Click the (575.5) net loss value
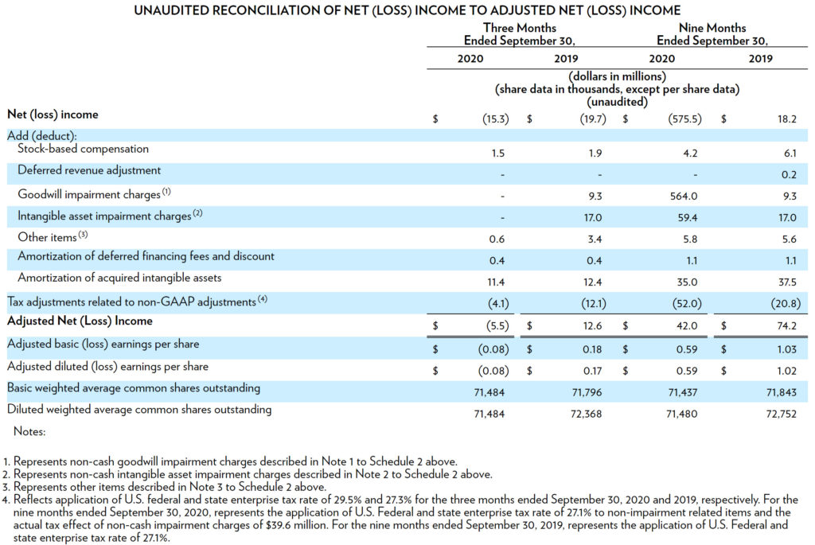[684, 119]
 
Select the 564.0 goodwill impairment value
[684, 197]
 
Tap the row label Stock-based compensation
[83, 149]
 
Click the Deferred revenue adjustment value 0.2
[789, 174]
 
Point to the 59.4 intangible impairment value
[687, 218]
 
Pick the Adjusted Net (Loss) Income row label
[80, 321]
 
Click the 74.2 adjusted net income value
[787, 325]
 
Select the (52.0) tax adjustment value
[687, 303]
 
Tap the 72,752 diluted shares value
[782, 414]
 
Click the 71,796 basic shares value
[587, 392]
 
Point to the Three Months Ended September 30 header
[519, 34]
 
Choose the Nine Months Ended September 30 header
[712, 34]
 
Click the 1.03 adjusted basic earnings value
[786, 349]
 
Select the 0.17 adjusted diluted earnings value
[592, 371]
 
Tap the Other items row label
[47, 237]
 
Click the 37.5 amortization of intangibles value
[787, 282]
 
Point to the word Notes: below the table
[29, 432]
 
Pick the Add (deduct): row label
[42, 136]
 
